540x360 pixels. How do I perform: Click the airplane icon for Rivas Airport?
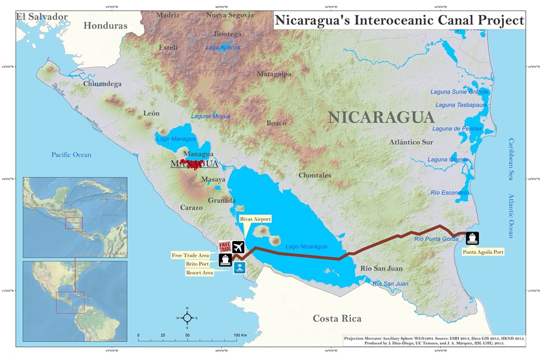(x=239, y=247)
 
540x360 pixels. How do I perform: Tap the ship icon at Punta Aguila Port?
(x=472, y=238)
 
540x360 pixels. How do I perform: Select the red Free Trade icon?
(x=225, y=247)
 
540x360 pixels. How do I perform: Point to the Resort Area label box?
(x=200, y=272)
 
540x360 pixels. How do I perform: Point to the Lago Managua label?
(x=176, y=139)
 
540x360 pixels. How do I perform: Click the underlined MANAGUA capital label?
(x=194, y=164)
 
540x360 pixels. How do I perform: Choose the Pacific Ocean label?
(x=71, y=155)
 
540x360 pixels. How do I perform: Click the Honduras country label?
(x=106, y=26)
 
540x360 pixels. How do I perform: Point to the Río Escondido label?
(x=449, y=193)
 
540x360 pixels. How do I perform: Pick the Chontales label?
(x=314, y=175)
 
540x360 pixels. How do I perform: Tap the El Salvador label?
(x=42, y=16)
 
